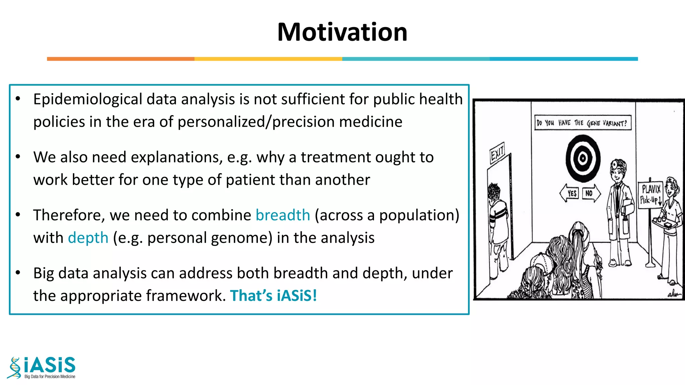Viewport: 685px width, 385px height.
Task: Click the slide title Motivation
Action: tap(342, 32)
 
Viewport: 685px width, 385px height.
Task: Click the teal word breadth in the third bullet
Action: tap(283, 215)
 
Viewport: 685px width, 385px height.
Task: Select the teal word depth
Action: tap(88, 238)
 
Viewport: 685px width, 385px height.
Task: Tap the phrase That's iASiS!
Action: tap(273, 295)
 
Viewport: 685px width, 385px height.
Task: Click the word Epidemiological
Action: tap(88, 99)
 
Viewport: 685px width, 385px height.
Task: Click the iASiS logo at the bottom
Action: tap(42, 367)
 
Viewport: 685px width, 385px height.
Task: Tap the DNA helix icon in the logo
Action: tap(14, 368)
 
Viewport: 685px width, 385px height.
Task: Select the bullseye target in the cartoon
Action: tap(583, 158)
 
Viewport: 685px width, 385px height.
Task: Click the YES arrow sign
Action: tap(570, 193)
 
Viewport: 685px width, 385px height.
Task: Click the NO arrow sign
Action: tap(591, 193)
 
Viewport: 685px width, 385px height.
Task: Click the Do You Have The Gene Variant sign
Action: tap(582, 123)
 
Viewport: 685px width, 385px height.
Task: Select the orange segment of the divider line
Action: tap(120, 59)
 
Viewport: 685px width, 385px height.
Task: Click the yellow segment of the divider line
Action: tap(268, 59)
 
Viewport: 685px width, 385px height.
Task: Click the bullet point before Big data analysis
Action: tap(18, 273)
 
